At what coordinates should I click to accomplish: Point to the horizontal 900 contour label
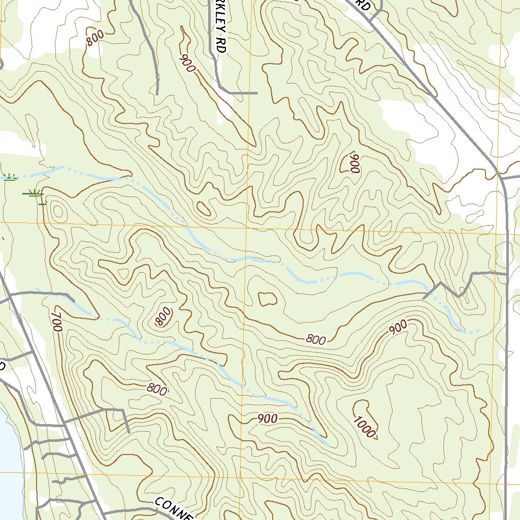click(x=268, y=419)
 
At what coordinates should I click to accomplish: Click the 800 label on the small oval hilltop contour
click(x=163, y=317)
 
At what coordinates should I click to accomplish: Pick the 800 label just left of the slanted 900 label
click(x=315, y=340)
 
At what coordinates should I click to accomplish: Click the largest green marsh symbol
click(x=34, y=193)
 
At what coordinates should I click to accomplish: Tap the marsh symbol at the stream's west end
click(x=9, y=177)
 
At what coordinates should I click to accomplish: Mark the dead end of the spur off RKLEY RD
click(x=256, y=93)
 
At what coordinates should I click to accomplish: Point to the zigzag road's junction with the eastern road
click(x=507, y=273)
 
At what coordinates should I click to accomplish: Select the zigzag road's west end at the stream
click(x=424, y=298)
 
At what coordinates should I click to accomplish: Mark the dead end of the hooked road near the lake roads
click(x=129, y=432)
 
